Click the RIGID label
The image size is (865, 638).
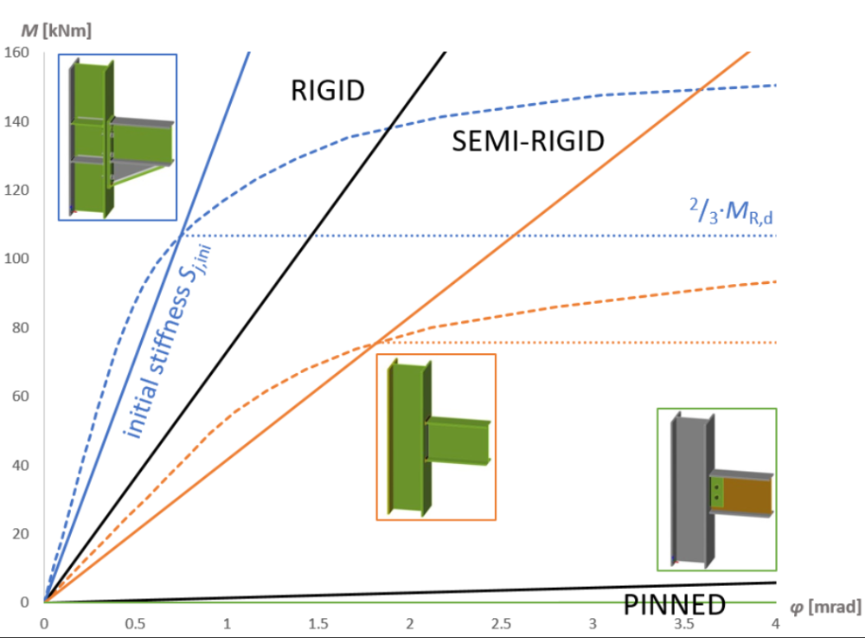pos(329,90)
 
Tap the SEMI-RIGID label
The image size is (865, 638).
pos(528,141)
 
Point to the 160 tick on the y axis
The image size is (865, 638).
pos(18,53)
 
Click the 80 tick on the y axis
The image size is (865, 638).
pos(18,327)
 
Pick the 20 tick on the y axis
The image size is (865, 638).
pos(18,533)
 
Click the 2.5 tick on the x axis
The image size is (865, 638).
pos(502,622)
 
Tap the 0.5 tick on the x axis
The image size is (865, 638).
pos(136,622)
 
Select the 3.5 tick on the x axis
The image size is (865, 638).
pos(684,622)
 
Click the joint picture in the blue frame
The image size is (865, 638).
pos(118,137)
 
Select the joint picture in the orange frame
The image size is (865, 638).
pos(436,436)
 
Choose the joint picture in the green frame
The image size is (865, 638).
pos(717,489)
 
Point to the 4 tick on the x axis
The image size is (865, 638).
pos(775,622)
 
